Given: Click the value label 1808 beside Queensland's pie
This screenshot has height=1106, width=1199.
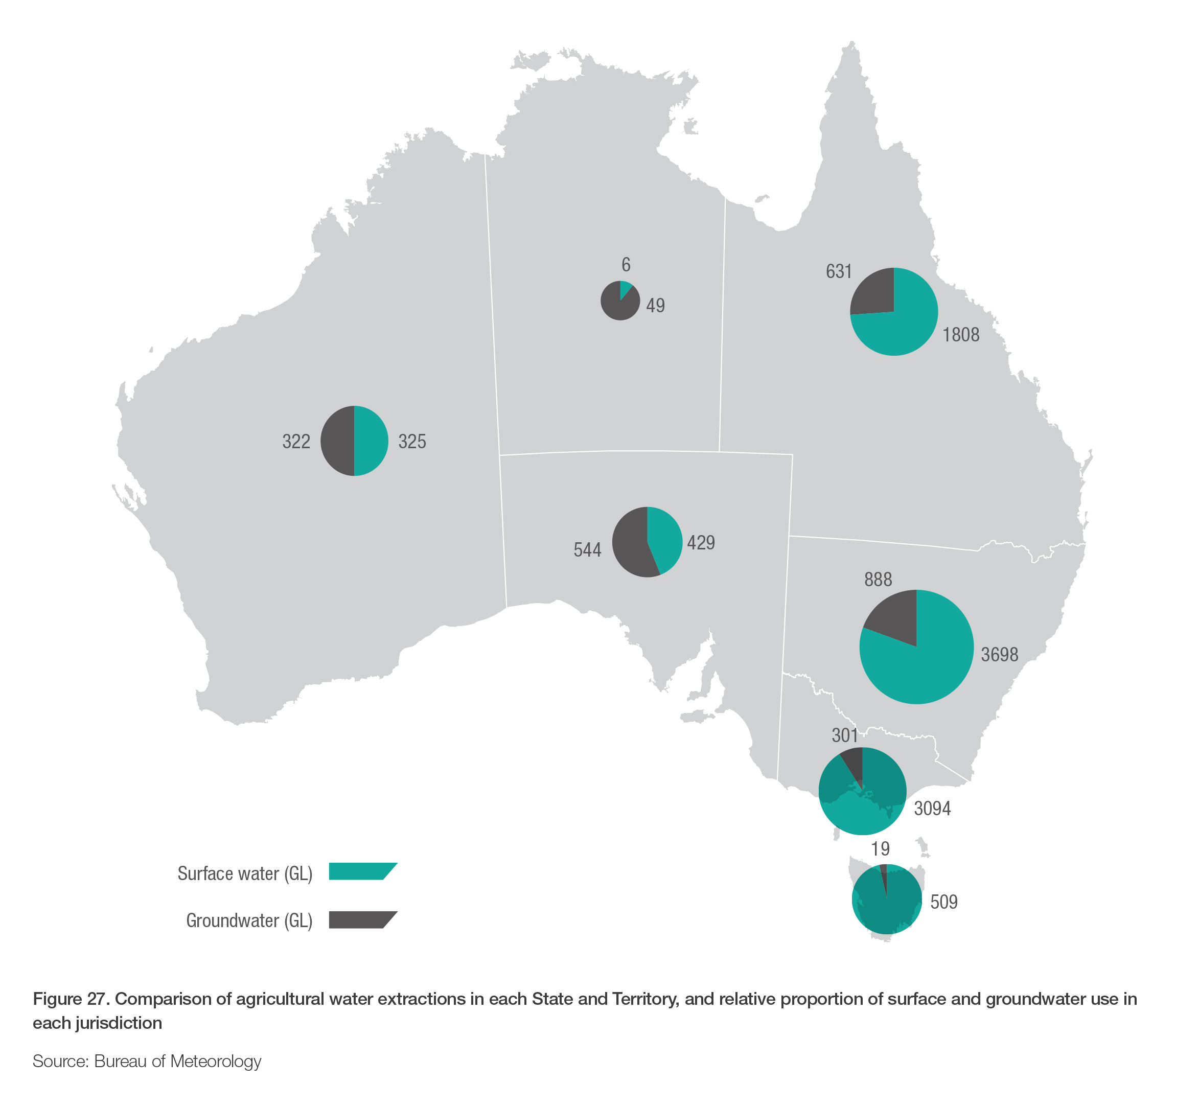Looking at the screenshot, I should click(x=961, y=335).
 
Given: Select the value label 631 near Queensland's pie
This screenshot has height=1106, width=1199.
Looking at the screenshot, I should click(x=839, y=272).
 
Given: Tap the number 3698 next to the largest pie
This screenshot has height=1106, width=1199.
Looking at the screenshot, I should click(x=999, y=655).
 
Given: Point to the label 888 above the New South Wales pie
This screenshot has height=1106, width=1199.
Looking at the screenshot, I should click(x=878, y=580).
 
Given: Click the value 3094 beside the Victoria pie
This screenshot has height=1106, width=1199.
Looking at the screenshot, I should click(x=932, y=809).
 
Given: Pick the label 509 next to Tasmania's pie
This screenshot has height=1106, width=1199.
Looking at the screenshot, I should click(x=943, y=902).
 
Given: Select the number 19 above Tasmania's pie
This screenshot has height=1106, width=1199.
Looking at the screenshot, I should click(x=880, y=848).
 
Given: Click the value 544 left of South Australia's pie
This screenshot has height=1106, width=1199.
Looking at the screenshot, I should click(x=587, y=550).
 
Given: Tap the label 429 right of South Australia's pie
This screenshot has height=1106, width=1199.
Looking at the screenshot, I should click(x=701, y=543).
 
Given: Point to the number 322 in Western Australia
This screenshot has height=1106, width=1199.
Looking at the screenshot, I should click(x=296, y=442).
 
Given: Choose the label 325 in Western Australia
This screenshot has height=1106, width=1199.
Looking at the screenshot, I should click(x=412, y=442).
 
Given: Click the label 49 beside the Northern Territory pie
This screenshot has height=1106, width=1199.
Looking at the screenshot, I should click(x=656, y=306).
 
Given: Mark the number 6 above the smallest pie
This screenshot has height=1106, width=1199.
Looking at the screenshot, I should click(x=626, y=265).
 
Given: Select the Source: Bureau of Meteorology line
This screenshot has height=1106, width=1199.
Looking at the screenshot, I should click(x=147, y=1061).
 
